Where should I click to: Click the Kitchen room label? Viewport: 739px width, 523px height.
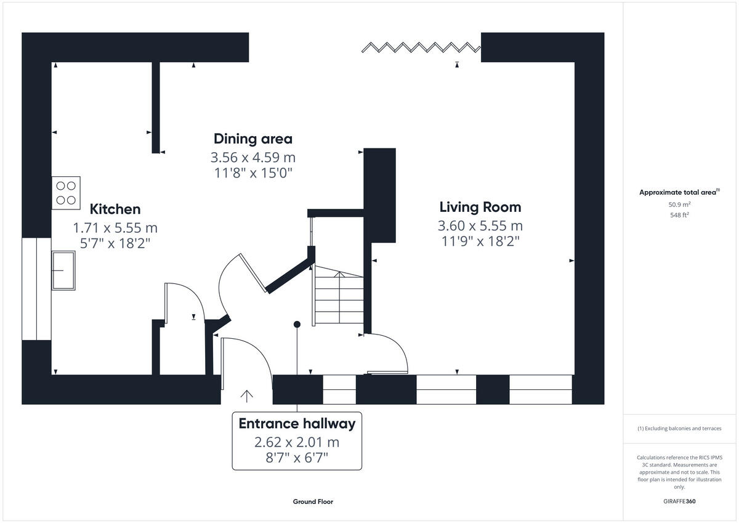tap(115, 209)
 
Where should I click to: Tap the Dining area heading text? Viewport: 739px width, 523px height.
tap(252, 139)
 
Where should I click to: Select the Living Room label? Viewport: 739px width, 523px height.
tap(480, 207)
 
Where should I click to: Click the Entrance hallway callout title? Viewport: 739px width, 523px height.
tap(297, 424)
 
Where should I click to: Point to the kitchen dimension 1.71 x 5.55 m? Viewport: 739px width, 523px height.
tap(115, 227)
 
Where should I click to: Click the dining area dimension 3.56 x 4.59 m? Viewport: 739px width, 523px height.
tap(252, 156)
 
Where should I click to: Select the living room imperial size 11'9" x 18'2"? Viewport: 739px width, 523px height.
tap(480, 241)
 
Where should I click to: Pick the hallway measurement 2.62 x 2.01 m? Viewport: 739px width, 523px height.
tap(297, 442)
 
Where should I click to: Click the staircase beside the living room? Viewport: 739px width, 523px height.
tap(338, 296)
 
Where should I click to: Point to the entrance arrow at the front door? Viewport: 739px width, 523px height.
tap(247, 395)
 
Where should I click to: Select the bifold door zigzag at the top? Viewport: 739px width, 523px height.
tap(421, 47)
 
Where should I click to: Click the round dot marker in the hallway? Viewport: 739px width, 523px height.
tap(297, 324)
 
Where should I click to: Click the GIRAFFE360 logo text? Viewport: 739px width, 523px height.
tap(679, 501)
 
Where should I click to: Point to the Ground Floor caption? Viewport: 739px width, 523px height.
tap(313, 501)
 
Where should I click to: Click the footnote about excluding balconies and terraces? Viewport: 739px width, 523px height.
tap(679, 428)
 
